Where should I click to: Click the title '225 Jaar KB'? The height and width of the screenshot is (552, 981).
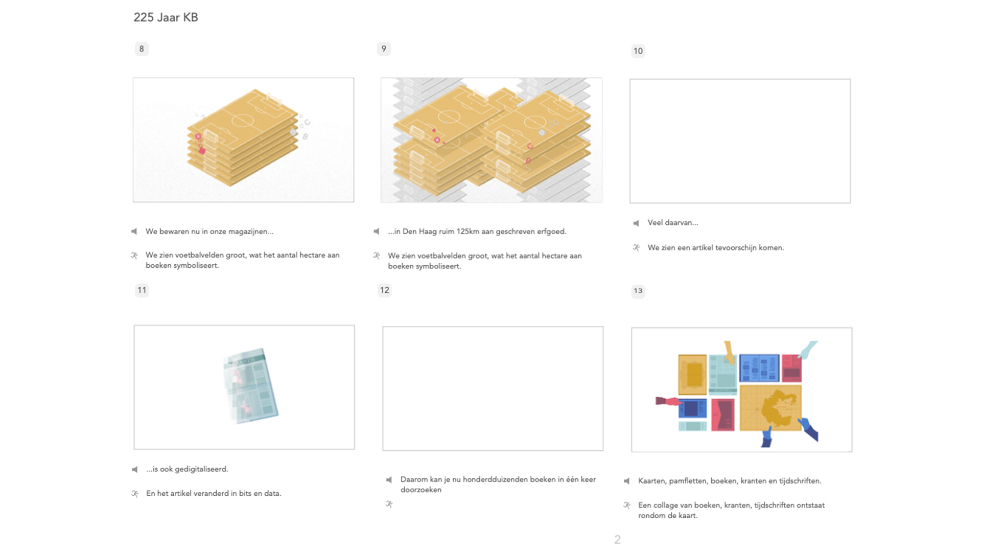[x=166, y=17]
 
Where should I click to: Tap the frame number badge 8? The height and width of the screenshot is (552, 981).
[x=142, y=49]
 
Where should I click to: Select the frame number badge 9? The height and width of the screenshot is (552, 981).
[x=384, y=49]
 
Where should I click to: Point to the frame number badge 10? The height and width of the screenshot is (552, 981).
[x=638, y=51]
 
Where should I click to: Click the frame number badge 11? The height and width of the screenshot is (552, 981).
[x=142, y=290]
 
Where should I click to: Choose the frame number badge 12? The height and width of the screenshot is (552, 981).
[x=384, y=290]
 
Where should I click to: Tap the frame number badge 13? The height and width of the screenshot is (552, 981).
[x=638, y=291]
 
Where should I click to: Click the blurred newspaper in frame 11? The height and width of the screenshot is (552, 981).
[x=250, y=386]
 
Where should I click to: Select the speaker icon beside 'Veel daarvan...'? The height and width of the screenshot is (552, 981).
[x=636, y=223]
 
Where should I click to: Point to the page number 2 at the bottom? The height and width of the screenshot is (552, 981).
[x=617, y=540]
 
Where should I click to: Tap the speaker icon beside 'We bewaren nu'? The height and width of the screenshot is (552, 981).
[x=134, y=232]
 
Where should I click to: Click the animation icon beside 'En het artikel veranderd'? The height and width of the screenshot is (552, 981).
[x=135, y=494]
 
